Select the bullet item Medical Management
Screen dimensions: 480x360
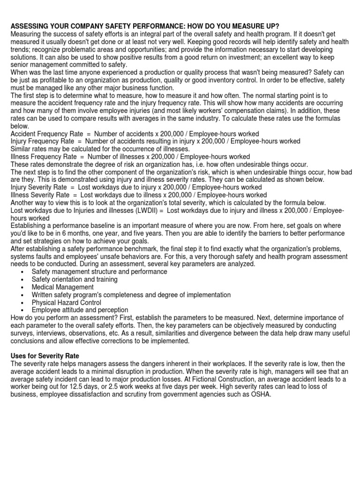tap(62, 287)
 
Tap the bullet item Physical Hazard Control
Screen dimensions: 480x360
tap(67, 302)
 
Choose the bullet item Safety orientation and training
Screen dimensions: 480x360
tap(75, 279)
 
